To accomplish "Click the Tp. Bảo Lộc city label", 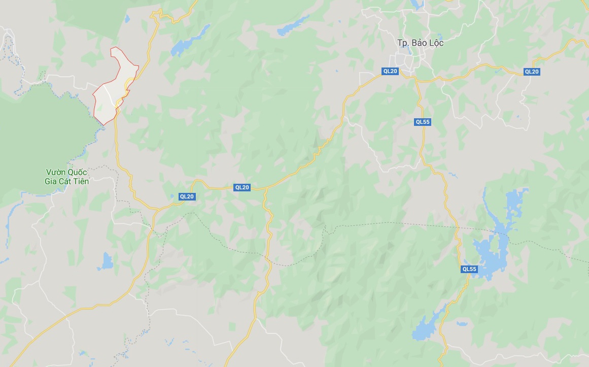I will click(x=420, y=43).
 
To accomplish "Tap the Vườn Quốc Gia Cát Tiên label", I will click(x=66, y=177).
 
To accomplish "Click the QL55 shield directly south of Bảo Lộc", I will click(x=423, y=122).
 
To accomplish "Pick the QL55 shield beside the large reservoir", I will click(x=469, y=269).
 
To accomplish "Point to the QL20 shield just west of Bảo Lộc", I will click(x=390, y=71).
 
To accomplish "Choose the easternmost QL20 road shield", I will click(x=531, y=72).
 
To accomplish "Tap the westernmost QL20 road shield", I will click(x=187, y=196).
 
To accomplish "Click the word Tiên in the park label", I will click(x=80, y=181).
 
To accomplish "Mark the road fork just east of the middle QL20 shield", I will click(x=266, y=189).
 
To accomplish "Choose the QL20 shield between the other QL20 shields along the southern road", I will click(x=242, y=187).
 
